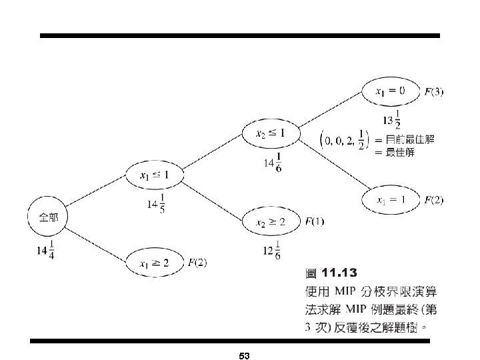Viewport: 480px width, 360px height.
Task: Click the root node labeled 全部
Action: [x=48, y=218]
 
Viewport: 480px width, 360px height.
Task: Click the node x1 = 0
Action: [x=390, y=91]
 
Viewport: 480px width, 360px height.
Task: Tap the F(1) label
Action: [x=314, y=221]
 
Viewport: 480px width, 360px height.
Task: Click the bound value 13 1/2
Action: [x=393, y=120]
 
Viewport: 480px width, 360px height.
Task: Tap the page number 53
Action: [x=243, y=356]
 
